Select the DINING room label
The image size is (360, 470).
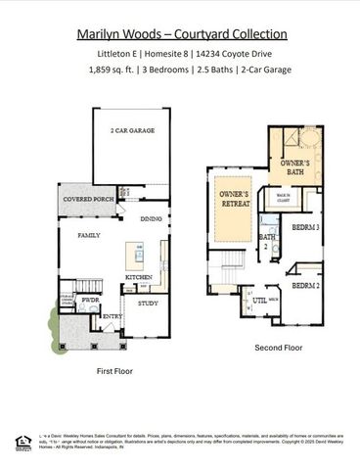(150, 219)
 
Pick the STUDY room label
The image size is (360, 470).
(148, 303)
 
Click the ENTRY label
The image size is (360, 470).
(111, 316)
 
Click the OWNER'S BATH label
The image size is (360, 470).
(296, 167)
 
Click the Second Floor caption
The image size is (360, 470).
(278, 348)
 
